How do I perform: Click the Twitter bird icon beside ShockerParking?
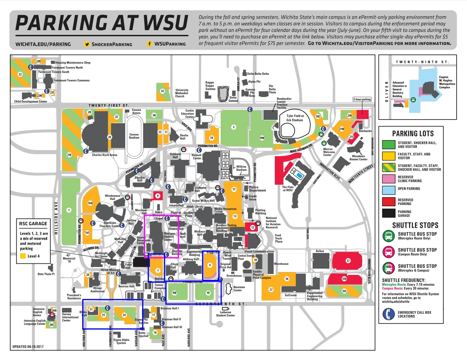(87, 44)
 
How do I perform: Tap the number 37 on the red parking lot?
(348, 260)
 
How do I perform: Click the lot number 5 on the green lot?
(233, 127)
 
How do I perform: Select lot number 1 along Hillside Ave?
(69, 210)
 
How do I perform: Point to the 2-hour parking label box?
(362, 100)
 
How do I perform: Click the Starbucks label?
(365, 131)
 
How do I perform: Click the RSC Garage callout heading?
(33, 224)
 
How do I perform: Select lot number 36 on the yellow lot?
(286, 279)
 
